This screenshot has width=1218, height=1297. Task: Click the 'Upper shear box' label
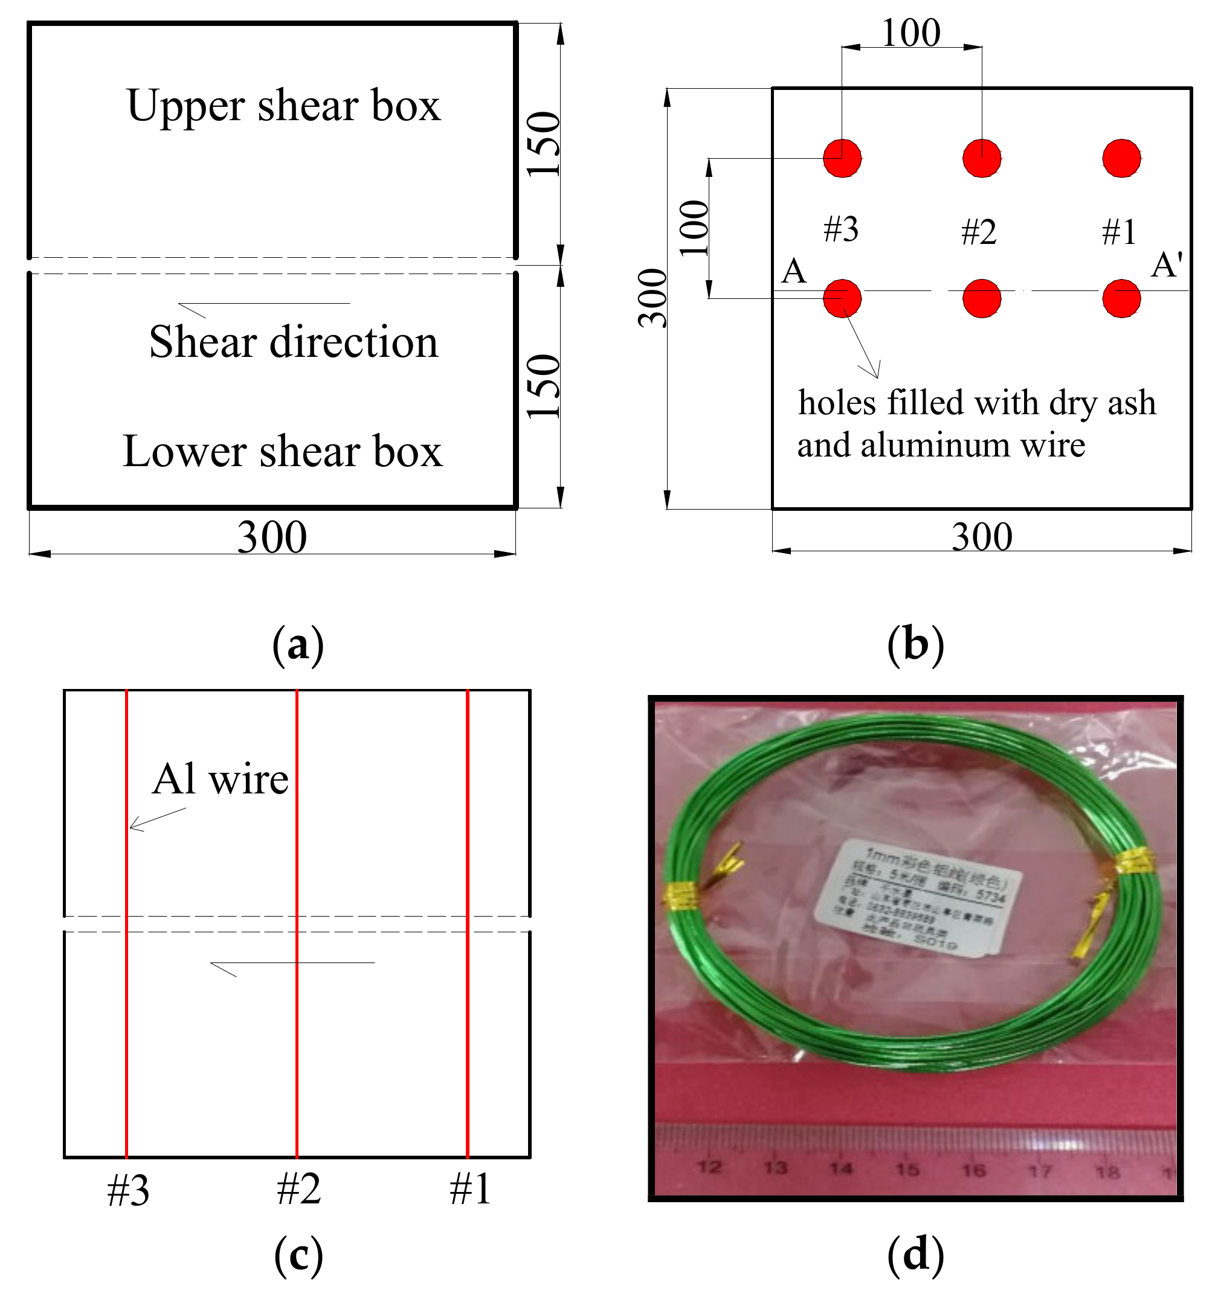click(x=283, y=106)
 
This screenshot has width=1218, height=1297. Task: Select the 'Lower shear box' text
click(x=282, y=452)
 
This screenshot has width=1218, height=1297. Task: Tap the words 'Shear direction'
click(x=293, y=342)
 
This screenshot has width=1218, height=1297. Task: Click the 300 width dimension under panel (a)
click(x=271, y=537)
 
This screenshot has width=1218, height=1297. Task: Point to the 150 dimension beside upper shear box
click(x=544, y=144)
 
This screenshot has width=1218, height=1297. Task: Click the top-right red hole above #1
click(x=1121, y=158)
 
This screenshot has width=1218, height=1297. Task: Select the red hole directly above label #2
click(x=982, y=158)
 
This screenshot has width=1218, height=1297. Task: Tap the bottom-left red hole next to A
click(x=842, y=299)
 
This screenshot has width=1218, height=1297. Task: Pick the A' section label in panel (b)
click(x=1167, y=266)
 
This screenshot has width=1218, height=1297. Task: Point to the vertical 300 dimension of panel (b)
click(x=652, y=298)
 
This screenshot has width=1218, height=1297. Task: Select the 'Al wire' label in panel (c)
click(x=220, y=780)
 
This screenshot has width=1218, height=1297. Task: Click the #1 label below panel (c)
click(x=470, y=1190)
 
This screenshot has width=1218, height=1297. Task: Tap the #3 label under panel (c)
click(x=128, y=1191)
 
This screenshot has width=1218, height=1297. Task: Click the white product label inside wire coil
click(x=917, y=898)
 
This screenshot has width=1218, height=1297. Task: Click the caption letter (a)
click(x=298, y=645)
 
